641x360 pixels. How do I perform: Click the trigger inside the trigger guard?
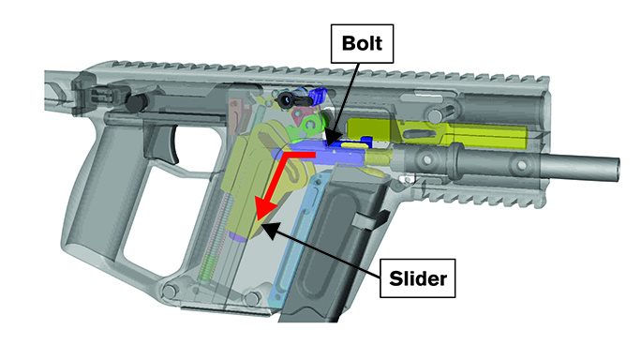171,139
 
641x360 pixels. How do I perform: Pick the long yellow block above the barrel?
440,134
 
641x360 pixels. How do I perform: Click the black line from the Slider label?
328,247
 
